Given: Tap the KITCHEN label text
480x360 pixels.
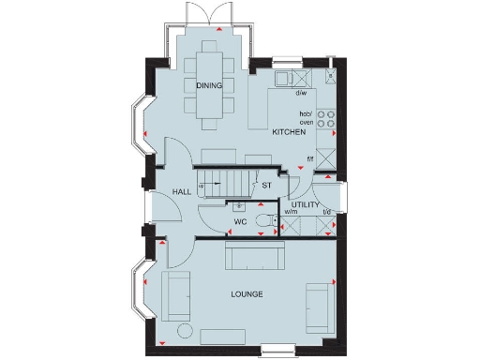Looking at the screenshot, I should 289,133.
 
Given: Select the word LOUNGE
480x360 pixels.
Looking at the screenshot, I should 247,294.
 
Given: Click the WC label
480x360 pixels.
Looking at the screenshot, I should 240,222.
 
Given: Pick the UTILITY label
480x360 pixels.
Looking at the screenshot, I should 306,203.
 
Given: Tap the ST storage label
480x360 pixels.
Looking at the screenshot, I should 267,186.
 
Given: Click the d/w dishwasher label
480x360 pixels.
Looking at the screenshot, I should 301,93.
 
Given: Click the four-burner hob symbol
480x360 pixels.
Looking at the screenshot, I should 327,118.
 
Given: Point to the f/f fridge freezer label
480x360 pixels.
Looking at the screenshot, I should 310,158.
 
